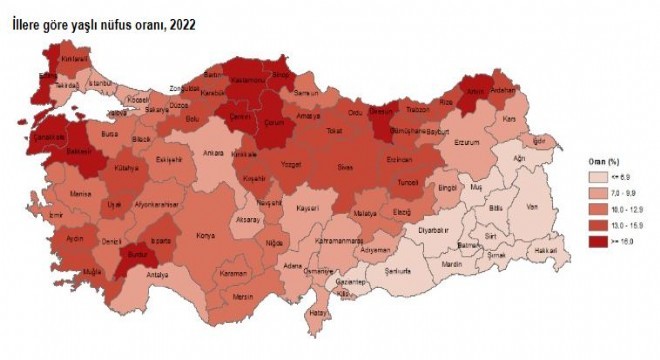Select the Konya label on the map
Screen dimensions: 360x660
pyautogui.click(x=206, y=236)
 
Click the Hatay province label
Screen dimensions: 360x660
pyautogui.click(x=319, y=313)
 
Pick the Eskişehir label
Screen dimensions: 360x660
pyautogui.click(x=169, y=159)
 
